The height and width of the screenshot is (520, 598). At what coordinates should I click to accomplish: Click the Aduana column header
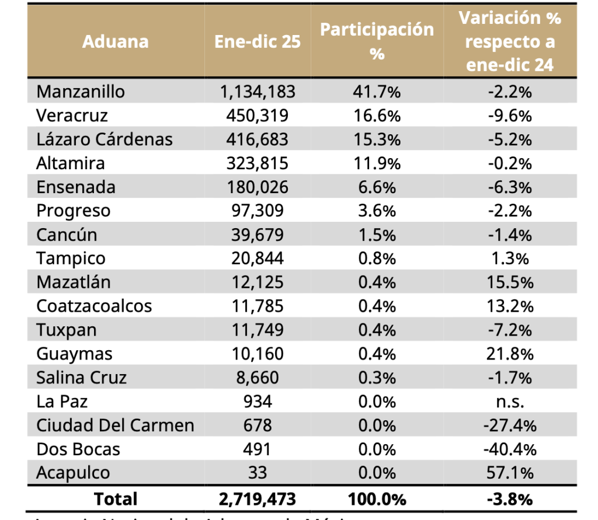116,41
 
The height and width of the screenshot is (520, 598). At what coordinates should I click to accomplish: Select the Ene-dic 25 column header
258,41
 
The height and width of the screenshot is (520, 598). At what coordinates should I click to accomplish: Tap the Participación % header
377,41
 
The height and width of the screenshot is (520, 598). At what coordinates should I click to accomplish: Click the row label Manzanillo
81,92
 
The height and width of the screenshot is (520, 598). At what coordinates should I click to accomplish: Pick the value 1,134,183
258,92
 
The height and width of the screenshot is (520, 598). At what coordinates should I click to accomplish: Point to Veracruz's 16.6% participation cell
377,116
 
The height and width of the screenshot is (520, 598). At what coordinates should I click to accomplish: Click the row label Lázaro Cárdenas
105,139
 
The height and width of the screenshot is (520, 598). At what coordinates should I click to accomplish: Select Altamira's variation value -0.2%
510,163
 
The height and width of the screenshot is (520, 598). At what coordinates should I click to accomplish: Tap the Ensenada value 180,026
258,187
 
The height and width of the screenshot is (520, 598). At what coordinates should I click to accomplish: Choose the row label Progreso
73,211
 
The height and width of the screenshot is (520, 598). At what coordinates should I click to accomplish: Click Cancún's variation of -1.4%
510,235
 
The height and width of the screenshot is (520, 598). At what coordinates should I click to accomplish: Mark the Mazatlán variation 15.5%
510,282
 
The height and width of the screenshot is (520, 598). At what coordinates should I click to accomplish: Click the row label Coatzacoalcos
94,306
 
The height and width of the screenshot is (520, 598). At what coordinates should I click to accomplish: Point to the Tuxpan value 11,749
258,330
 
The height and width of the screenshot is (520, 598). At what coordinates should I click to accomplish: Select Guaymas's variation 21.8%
510,354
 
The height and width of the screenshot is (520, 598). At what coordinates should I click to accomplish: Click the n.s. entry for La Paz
510,402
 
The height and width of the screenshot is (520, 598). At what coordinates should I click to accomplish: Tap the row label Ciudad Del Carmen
115,425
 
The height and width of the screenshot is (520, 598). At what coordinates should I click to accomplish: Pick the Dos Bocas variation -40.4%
510,449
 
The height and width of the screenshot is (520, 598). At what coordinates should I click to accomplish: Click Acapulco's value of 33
258,473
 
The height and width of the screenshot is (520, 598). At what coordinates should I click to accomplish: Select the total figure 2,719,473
258,500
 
